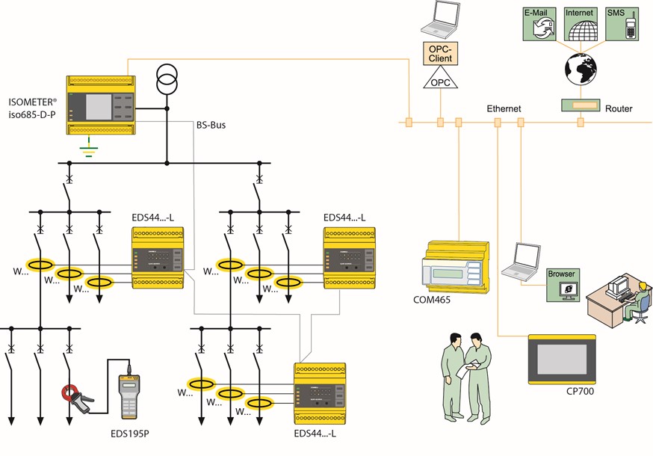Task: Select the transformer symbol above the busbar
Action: pos(167,78)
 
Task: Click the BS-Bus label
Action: pos(210,126)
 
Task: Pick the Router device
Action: pos(580,104)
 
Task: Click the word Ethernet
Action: pos(504,109)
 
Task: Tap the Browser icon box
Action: pos(562,284)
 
